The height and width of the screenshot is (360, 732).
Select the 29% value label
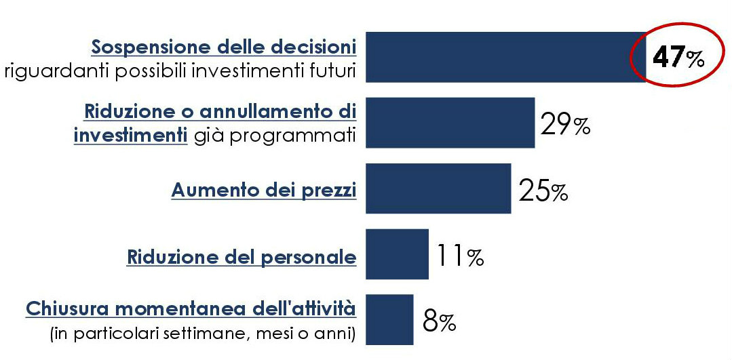[564, 125]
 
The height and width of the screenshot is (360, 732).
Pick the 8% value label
[439, 321]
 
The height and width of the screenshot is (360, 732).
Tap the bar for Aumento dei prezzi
[438, 188]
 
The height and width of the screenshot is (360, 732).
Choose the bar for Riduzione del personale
[398, 254]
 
